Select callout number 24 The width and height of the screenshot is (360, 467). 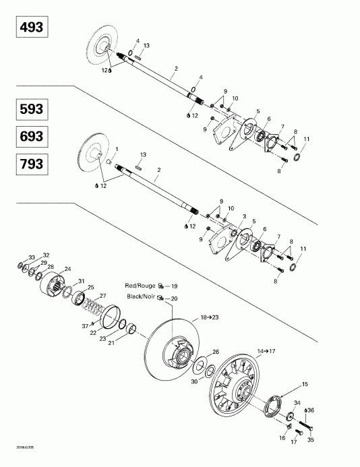click(67, 269)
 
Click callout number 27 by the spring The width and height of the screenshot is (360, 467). click(103, 296)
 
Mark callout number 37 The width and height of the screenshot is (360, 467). click(85, 325)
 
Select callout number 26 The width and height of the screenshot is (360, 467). click(216, 352)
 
